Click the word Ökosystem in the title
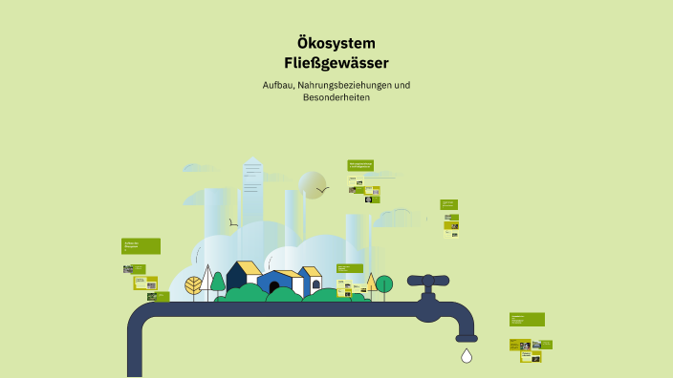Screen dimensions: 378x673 pyautogui.click(x=336, y=43)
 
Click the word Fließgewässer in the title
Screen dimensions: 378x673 pyautogui.click(x=336, y=64)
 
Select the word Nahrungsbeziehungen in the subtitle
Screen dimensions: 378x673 pyautogui.click(x=346, y=86)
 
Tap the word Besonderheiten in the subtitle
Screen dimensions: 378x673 pyautogui.click(x=336, y=98)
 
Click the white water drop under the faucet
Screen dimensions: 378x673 pyautogui.click(x=467, y=356)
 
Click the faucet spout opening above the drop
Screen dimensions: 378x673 pyautogui.click(x=467, y=338)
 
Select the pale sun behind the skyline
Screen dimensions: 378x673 pyautogui.click(x=312, y=184)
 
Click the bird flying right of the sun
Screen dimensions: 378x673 pyautogui.click(x=323, y=190)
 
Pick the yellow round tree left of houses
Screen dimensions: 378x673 pyautogui.click(x=194, y=284)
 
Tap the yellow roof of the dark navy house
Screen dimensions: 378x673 pyautogui.click(x=248, y=267)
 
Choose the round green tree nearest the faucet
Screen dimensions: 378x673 pyautogui.click(x=384, y=283)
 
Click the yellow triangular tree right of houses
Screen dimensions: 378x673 pyautogui.click(x=370, y=282)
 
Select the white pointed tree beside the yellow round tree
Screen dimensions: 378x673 pyautogui.click(x=206, y=283)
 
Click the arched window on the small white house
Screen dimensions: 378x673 pyautogui.click(x=315, y=283)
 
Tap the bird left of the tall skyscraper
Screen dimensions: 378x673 pyautogui.click(x=232, y=223)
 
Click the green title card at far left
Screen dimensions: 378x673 pyautogui.click(x=141, y=245)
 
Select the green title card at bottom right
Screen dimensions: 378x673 pyautogui.click(x=527, y=320)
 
